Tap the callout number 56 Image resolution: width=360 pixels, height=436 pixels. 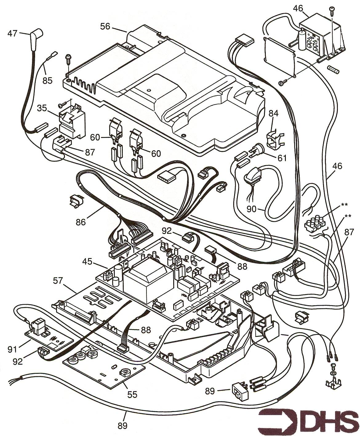coord(105,26)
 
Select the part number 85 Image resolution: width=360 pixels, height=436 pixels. coord(48,80)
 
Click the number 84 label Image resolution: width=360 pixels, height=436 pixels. coord(273,114)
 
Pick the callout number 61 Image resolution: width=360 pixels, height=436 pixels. coord(282,158)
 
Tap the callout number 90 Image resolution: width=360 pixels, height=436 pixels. coord(251,209)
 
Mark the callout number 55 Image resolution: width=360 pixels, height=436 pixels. coord(132,394)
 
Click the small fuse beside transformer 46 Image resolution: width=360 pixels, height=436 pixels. coord(334,69)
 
